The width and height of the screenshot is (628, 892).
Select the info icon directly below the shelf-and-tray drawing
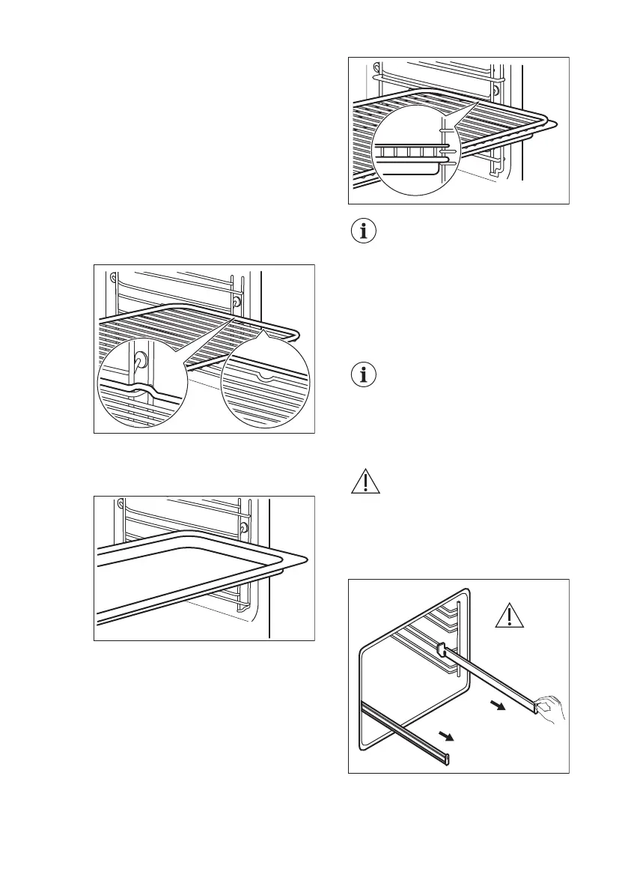tap(365, 231)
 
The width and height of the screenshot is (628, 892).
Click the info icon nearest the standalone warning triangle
tap(365, 375)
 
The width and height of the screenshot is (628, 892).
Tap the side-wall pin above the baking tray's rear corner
tap(244, 528)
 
